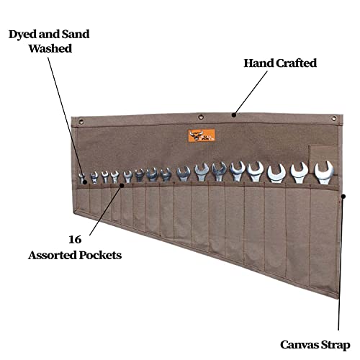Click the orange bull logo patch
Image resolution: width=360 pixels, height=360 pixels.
(202, 135)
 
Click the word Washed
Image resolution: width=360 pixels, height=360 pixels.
(50, 48)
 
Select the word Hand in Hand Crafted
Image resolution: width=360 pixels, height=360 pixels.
(258, 63)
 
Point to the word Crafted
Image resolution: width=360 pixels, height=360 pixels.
(297, 63)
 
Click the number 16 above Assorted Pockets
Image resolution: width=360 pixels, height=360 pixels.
(75, 240)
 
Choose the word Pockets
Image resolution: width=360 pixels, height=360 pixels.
(100, 255)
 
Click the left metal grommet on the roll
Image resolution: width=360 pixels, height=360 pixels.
(81, 121)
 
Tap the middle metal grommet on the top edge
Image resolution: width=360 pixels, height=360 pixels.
(201, 117)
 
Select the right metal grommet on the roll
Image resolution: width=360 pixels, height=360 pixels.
(334, 118)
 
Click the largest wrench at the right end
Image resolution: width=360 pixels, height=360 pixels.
(324, 172)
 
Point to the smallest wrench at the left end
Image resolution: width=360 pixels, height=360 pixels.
(82, 178)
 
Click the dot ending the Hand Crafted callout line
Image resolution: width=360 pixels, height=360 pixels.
(234, 115)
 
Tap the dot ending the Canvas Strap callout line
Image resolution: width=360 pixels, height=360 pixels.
(343, 197)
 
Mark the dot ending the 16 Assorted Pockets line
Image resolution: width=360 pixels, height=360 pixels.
(122, 185)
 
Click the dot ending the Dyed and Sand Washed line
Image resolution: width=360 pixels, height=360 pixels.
(85, 182)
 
